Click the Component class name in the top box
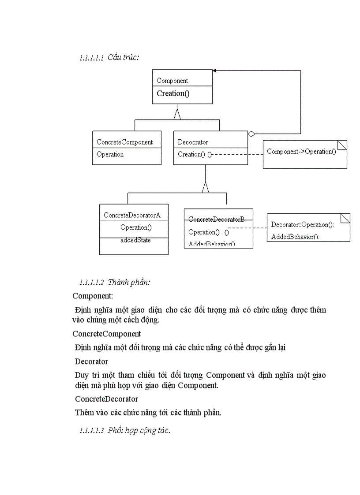(x=172, y=81)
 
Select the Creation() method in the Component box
(x=173, y=93)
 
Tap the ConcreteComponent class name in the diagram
(x=124, y=142)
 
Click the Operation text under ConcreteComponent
(x=110, y=154)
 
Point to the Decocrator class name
(x=193, y=142)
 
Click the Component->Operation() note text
(x=301, y=152)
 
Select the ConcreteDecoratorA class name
(x=132, y=215)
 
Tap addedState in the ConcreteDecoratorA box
(x=135, y=240)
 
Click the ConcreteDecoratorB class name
(x=216, y=219)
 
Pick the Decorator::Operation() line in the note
(x=302, y=225)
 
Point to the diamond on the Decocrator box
(x=251, y=134)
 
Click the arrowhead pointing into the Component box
(x=214, y=71)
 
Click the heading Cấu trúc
(x=123, y=57)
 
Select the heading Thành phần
(x=129, y=282)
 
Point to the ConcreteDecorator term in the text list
(x=106, y=399)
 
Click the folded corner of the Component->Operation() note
(x=342, y=145)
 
